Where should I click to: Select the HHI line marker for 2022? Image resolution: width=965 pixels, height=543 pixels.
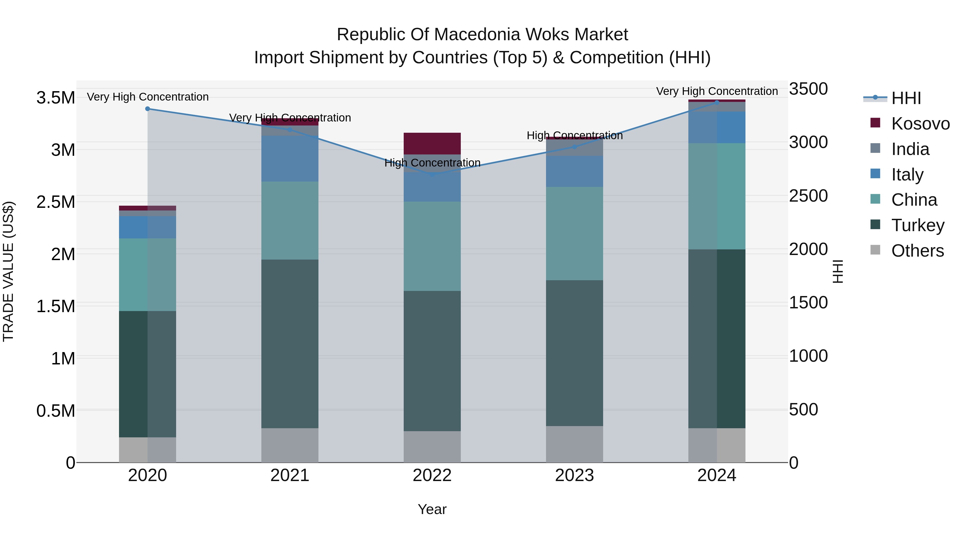pos(432,174)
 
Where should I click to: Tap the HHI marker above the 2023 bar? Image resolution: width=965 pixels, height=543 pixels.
pos(575,147)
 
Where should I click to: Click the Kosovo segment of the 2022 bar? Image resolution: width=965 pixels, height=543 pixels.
pos(432,143)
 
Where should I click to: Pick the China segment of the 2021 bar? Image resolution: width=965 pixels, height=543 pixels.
pos(290,221)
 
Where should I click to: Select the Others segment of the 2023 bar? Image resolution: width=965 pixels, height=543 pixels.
pos(575,444)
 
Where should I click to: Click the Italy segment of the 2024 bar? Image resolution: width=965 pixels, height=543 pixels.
pos(717,127)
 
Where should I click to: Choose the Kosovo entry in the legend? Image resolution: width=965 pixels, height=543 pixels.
pos(920,124)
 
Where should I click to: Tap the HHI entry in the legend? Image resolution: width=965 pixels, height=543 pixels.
pos(905,98)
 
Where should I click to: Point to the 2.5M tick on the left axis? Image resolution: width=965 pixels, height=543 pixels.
pos(55,202)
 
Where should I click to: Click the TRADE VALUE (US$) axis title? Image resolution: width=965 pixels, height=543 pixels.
pos(8,271)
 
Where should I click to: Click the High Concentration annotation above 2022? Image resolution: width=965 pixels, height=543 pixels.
pos(432,163)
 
